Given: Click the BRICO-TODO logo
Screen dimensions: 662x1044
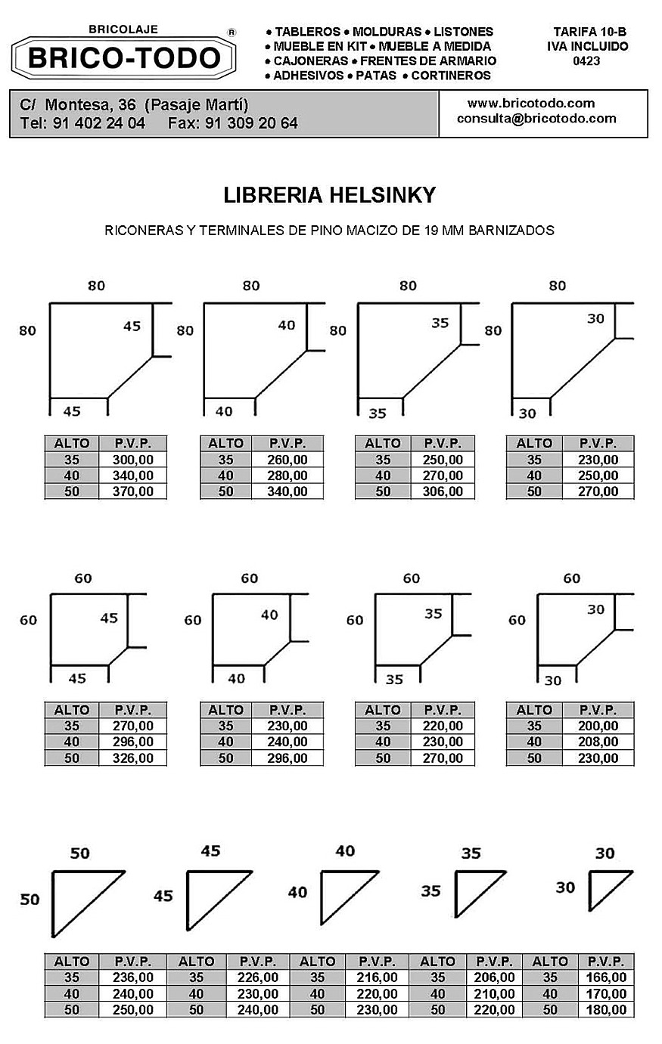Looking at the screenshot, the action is (x=123, y=57).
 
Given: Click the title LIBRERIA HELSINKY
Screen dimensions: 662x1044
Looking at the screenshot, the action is (x=330, y=195).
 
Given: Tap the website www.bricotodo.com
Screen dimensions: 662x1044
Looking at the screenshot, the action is (x=531, y=103).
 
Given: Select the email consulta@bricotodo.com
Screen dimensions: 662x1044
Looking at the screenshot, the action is (x=536, y=119).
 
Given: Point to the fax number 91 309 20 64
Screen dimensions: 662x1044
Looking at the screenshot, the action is (x=251, y=123).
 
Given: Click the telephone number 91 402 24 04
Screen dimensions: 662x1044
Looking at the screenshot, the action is (x=99, y=123).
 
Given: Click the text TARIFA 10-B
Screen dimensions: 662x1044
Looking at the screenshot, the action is (x=589, y=32).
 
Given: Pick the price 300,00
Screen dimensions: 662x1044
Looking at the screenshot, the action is (x=133, y=460).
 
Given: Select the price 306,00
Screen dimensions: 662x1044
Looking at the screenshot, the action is (x=443, y=491).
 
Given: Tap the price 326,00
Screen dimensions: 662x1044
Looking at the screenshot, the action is (x=133, y=757).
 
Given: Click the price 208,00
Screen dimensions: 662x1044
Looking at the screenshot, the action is (x=598, y=742).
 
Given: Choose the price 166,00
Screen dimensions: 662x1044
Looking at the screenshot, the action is (x=606, y=977).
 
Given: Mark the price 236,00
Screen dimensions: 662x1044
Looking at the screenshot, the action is (x=133, y=977).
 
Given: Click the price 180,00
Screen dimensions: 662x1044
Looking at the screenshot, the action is (x=606, y=1009).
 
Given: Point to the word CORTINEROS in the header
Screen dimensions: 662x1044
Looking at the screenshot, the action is (x=451, y=76).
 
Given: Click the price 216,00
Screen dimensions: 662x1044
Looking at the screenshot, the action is (x=377, y=977).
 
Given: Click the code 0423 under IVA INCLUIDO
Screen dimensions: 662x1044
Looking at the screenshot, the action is (x=586, y=60).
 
